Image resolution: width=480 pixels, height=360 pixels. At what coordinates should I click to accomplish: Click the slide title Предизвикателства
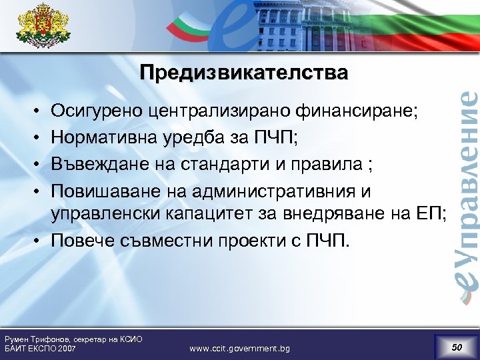point(243,72)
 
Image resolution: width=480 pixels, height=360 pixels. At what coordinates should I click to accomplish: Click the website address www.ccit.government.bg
point(239,348)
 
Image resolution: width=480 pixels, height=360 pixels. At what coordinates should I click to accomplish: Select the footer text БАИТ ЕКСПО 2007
point(40,349)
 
